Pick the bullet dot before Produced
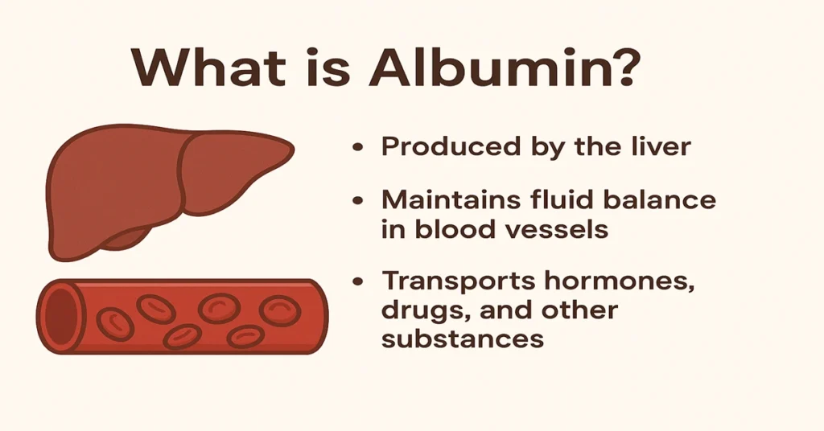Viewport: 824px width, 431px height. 358,147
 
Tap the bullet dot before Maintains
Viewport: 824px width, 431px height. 358,200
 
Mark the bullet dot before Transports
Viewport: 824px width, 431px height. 358,281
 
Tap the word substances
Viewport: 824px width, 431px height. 463,338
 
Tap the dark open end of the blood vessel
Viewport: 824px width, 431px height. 62,316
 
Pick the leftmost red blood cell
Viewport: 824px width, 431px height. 115,324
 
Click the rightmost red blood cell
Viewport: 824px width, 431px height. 280,310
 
